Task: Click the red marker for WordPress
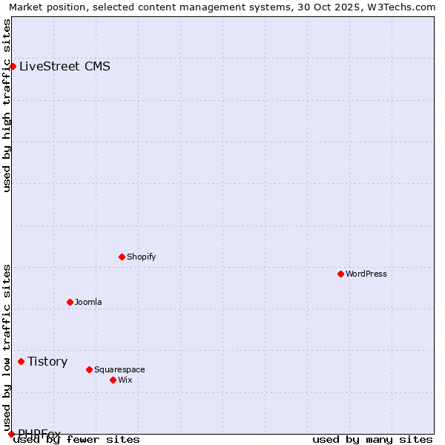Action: click(x=340, y=274)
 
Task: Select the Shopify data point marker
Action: click(x=122, y=257)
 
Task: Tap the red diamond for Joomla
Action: click(x=70, y=302)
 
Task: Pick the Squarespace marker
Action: click(x=89, y=369)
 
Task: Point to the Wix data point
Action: click(x=113, y=380)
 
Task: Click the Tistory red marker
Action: click(x=21, y=361)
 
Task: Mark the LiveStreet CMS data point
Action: click(x=13, y=66)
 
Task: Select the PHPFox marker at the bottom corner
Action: click(x=11, y=434)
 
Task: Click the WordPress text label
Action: click(x=366, y=274)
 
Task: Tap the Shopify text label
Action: click(x=142, y=257)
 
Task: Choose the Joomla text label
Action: click(x=88, y=302)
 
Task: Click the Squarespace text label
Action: click(x=119, y=369)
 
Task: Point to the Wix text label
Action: click(x=125, y=380)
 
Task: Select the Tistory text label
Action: click(x=47, y=361)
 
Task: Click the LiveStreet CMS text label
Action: click(x=65, y=66)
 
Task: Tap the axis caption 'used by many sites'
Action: click(x=372, y=439)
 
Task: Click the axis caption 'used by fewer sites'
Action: click(x=77, y=439)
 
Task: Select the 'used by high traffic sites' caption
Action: click(x=7, y=105)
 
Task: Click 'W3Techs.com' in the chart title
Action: click(x=404, y=7)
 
